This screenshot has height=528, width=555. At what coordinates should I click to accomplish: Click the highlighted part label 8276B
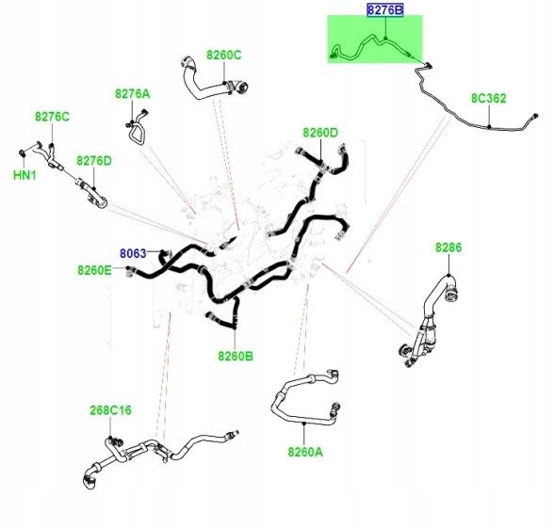coord(384,10)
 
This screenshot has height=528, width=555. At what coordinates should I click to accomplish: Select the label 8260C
coord(223,56)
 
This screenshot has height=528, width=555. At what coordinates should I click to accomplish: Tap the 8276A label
coord(132,94)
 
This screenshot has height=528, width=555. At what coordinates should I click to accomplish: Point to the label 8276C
coord(52,117)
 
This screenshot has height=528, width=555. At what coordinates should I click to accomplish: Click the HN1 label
coord(24,175)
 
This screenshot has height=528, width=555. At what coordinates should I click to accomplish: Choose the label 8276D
coord(94,161)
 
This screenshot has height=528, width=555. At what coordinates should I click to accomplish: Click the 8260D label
coord(320,133)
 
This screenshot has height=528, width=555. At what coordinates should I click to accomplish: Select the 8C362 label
coord(488,98)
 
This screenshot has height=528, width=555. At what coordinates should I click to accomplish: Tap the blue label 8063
coord(133,253)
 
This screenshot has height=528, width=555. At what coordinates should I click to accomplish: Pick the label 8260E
coord(94,270)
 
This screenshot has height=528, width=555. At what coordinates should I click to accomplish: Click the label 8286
coord(449,248)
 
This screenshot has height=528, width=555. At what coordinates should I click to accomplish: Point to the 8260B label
coord(236,356)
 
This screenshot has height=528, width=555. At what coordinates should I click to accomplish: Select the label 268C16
coord(110,410)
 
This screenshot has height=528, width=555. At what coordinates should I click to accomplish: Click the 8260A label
coord(305,452)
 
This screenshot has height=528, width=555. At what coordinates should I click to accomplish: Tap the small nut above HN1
coord(22,152)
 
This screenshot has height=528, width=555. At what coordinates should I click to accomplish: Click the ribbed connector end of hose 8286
coord(451,293)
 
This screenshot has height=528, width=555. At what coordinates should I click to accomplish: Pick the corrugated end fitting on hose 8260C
coord(241,88)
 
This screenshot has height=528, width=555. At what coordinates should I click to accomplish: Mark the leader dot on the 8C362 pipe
coord(489,126)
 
